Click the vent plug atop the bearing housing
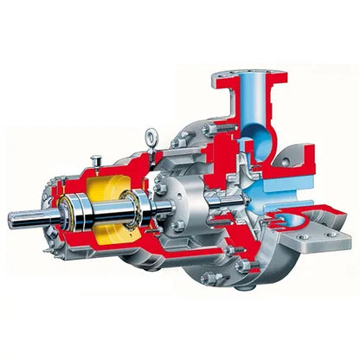pyautogui.click(x=96, y=158)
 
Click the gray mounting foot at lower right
pyautogui.click(x=315, y=232)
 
